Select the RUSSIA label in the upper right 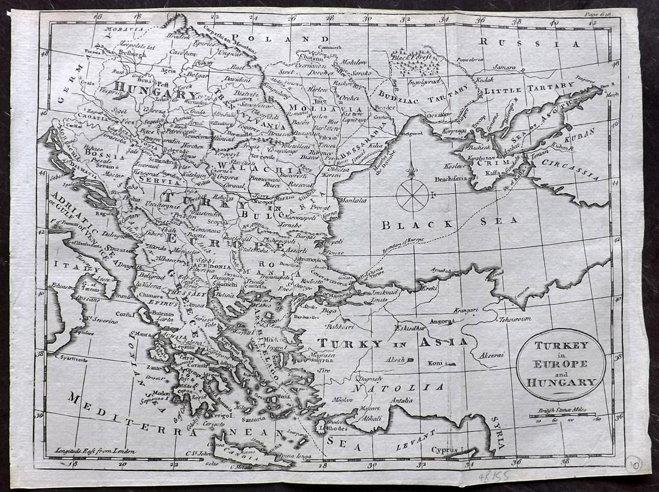531,43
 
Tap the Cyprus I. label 450,449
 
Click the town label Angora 439,321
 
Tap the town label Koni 435,363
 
